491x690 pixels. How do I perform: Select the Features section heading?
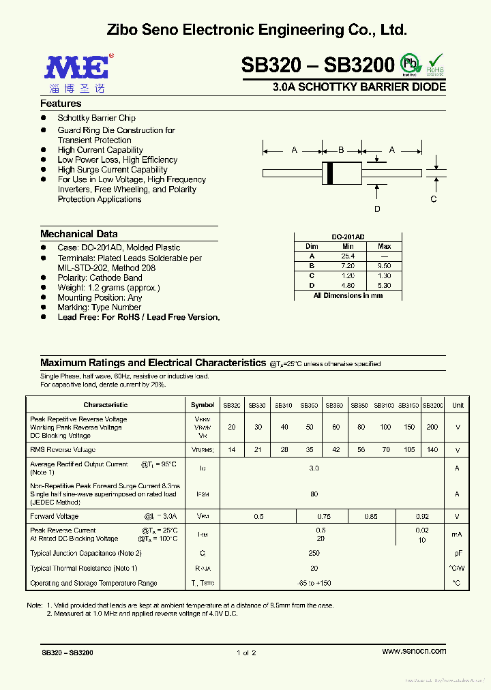(61, 104)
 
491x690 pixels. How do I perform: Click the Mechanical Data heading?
(78, 234)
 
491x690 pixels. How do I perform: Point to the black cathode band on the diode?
(331, 172)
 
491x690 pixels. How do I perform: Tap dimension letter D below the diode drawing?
(377, 209)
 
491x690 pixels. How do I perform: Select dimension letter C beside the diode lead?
(433, 199)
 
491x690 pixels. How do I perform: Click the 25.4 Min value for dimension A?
(348, 256)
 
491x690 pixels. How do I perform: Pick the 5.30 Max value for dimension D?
(385, 286)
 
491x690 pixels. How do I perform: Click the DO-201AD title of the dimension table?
(348, 236)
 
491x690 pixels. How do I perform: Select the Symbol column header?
(203, 405)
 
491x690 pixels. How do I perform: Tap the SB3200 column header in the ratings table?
(432, 405)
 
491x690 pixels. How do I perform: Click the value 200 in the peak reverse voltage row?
(432, 427)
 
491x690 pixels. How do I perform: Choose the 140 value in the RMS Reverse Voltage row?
(432, 450)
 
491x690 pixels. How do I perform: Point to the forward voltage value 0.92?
(422, 517)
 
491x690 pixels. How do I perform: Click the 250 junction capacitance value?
(314, 554)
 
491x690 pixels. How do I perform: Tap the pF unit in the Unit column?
(457, 554)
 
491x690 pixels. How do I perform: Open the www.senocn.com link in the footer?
(414, 651)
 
